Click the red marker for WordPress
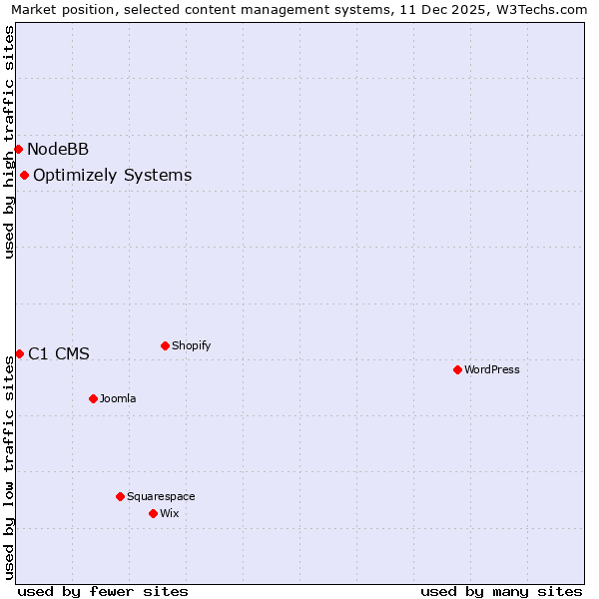[x=457, y=369]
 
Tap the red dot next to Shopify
[x=165, y=345]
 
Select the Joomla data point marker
[x=93, y=398]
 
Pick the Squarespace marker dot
[x=120, y=496]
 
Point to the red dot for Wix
[x=153, y=513]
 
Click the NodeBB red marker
[x=18, y=149]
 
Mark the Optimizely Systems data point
[x=24, y=175]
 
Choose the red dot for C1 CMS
[x=19, y=353]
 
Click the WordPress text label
[x=492, y=369]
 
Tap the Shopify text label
[x=191, y=345]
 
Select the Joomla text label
[x=118, y=398]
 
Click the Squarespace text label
[x=161, y=496]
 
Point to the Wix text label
[x=170, y=513]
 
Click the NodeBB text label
[x=58, y=150]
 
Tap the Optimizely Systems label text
[x=112, y=176]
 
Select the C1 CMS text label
[x=59, y=353]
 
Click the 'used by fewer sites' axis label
[x=103, y=591]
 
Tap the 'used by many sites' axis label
[x=501, y=591]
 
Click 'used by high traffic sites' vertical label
[x=10, y=143]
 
